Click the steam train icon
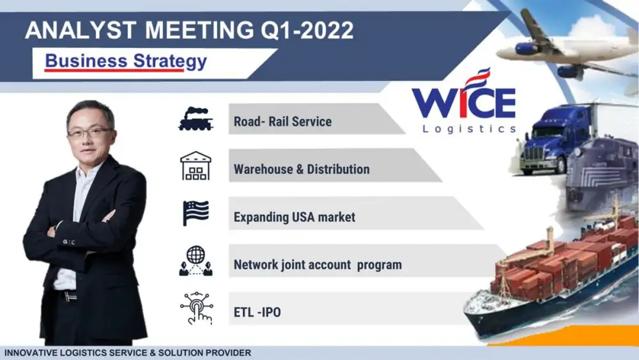(x=196, y=119)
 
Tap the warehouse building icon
(x=196, y=166)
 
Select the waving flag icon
(x=196, y=213)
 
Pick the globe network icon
(x=196, y=261)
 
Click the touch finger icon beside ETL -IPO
(x=196, y=308)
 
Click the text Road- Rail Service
(x=282, y=121)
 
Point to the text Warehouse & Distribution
(x=302, y=169)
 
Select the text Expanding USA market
(x=294, y=217)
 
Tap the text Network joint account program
(x=318, y=265)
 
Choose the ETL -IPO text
(x=257, y=312)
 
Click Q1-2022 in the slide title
(x=307, y=31)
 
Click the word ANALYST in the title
(x=81, y=30)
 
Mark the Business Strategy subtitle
(x=126, y=61)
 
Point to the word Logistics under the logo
(x=470, y=129)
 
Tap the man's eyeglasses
(x=90, y=132)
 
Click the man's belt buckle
(x=70, y=297)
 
